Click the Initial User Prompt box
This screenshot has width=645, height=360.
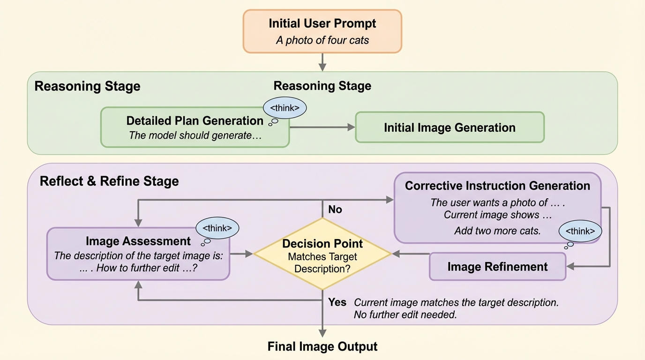pyautogui.click(x=322, y=31)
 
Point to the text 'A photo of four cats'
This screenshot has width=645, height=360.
pyautogui.click(x=322, y=40)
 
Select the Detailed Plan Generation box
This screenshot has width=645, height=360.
pyautogui.click(x=195, y=127)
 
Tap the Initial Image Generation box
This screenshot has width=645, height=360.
pyautogui.click(x=450, y=127)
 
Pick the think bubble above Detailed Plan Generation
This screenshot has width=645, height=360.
pyautogui.click(x=285, y=108)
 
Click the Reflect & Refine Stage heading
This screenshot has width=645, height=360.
pyautogui.click(x=109, y=181)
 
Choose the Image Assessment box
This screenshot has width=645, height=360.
pyautogui.click(x=138, y=254)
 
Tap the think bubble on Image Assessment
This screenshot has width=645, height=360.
pyautogui.click(x=217, y=228)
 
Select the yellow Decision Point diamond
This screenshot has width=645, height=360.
pyautogui.click(x=322, y=254)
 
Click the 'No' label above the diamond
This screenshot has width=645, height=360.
pyautogui.click(x=335, y=210)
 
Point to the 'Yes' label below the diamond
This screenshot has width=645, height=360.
pyautogui.click(x=337, y=302)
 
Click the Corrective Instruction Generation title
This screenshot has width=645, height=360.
pyautogui.click(x=497, y=186)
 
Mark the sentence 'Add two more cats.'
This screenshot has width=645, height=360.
pyautogui.click(x=497, y=231)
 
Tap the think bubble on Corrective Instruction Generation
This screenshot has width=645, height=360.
pyautogui.click(x=580, y=232)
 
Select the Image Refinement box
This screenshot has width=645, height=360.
pyautogui.click(x=497, y=267)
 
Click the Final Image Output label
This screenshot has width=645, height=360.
pyautogui.click(x=322, y=347)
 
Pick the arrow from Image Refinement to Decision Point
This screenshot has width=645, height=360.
pyautogui.click(x=411, y=254)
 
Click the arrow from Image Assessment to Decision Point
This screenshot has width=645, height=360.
pyautogui.click(x=241, y=254)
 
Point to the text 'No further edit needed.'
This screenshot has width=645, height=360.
pyautogui.click(x=405, y=315)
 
